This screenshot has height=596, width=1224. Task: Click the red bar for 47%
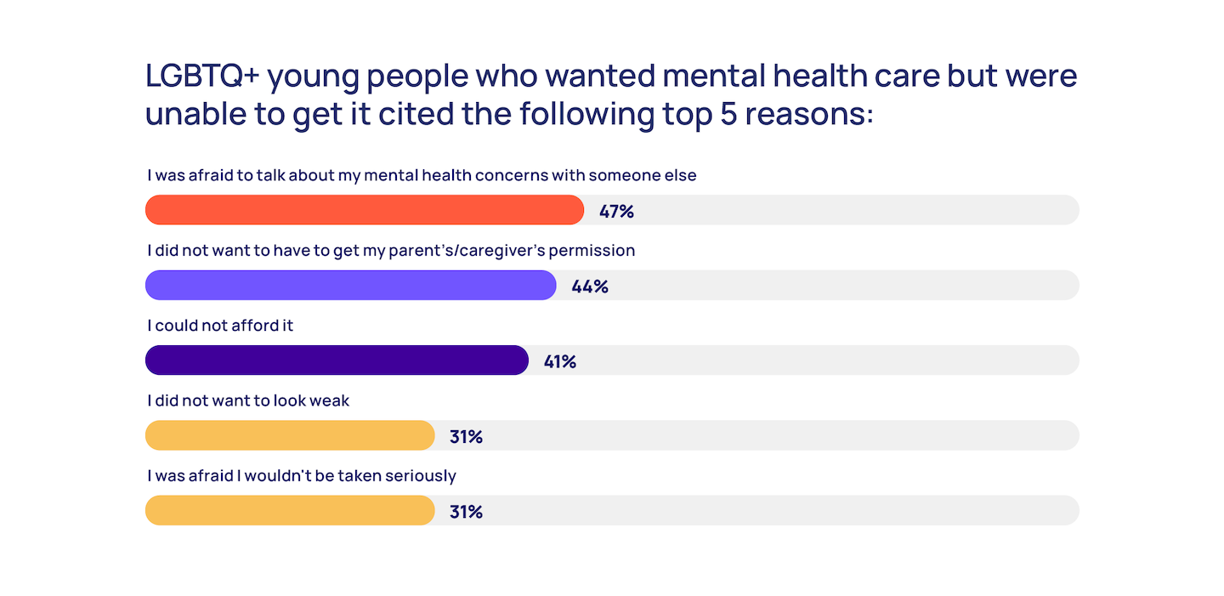point(365,210)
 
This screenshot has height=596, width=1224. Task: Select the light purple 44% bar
point(350,285)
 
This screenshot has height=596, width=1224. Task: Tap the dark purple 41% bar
point(337,360)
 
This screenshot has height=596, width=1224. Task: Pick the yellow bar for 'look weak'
point(290,435)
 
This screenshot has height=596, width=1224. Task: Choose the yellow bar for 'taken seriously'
point(290,510)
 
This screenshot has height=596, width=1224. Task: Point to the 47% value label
point(616,211)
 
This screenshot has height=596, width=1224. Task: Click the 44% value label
point(590,287)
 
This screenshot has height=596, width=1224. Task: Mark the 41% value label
point(560,361)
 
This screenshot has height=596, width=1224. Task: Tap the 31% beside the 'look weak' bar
point(466,437)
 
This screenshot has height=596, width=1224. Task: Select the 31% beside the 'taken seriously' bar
point(466,512)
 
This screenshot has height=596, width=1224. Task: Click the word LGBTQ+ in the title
point(201,77)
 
